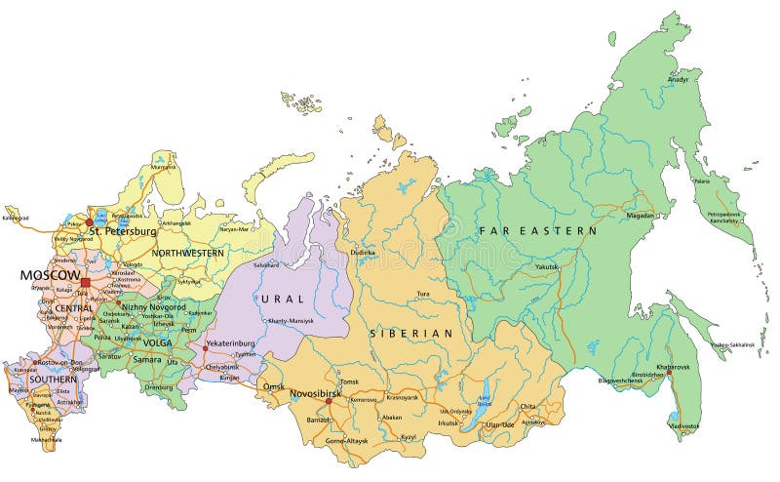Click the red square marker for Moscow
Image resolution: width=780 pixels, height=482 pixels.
point(85,283)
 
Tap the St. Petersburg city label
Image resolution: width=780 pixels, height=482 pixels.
point(123,231)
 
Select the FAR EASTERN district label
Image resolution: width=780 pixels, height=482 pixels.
point(537,231)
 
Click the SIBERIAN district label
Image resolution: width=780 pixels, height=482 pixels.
point(411,334)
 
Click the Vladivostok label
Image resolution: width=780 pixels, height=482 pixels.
point(684,426)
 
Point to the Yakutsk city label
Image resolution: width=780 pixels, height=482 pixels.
point(549,266)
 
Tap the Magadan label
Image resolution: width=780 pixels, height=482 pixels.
point(641,215)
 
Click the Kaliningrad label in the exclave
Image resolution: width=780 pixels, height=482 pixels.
point(17,218)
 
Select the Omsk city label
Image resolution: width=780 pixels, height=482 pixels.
point(274,387)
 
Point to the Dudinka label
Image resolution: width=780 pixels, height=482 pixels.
point(363,252)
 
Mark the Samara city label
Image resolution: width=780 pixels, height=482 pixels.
point(147,360)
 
